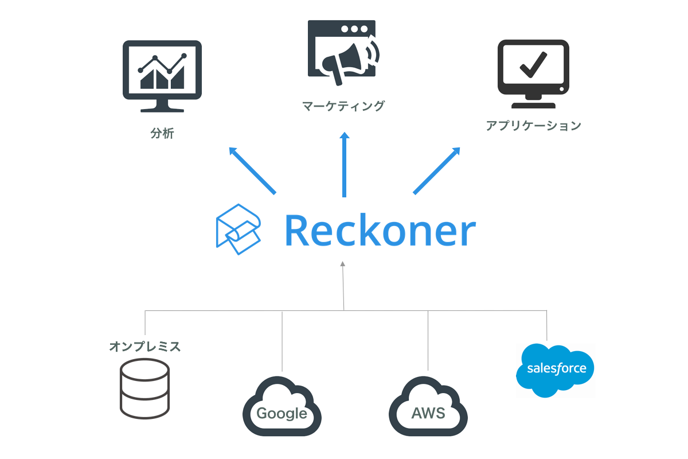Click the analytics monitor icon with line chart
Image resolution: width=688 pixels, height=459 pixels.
click(x=162, y=76)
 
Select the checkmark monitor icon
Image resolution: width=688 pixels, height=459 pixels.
click(x=533, y=73)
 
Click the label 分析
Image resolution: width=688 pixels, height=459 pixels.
click(x=162, y=134)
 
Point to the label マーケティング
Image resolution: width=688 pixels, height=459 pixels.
click(x=343, y=106)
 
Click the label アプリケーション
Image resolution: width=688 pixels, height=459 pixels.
click(x=533, y=126)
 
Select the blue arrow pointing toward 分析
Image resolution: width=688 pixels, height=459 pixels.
click(x=252, y=170)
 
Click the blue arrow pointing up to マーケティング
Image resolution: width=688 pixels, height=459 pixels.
click(x=344, y=165)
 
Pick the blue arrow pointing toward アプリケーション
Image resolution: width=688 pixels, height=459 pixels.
click(x=437, y=170)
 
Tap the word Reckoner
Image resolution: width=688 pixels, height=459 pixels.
click(x=380, y=231)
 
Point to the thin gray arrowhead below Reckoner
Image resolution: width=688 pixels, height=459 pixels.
click(x=343, y=264)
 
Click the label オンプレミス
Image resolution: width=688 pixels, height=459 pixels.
click(x=145, y=347)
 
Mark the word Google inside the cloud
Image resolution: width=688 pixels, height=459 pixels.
click(x=282, y=414)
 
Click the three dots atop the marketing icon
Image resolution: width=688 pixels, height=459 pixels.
click(x=353, y=28)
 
